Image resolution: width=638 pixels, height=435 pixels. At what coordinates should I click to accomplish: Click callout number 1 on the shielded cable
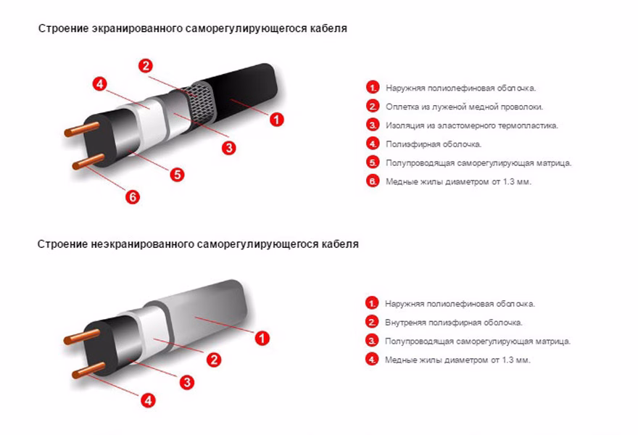[277, 120]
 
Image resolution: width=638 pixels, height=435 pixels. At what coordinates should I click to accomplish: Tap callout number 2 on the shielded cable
[146, 66]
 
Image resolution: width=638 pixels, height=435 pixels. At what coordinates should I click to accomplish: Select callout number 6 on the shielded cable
[133, 197]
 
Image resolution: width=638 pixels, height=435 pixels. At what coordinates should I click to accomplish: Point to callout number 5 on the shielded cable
[178, 175]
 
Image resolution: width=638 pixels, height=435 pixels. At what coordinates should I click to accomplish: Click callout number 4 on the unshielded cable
[148, 400]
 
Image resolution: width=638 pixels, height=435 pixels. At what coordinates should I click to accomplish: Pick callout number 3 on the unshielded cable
[187, 382]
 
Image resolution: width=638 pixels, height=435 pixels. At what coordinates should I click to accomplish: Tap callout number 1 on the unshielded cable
[262, 338]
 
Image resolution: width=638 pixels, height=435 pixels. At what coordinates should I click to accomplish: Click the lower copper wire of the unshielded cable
[88, 370]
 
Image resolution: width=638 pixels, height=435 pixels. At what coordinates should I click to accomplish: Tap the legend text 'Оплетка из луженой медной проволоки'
[464, 107]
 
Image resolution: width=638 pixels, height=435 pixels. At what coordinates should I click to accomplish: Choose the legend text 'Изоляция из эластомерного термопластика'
[472, 125]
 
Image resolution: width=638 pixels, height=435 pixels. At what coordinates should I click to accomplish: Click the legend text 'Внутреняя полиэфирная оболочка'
[454, 323]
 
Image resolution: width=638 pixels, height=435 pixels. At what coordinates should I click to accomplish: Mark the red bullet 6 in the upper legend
[373, 181]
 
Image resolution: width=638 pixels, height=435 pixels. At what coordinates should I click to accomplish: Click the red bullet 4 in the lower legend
[371, 360]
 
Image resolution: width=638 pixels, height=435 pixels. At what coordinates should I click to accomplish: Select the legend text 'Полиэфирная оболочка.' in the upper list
[434, 144]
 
